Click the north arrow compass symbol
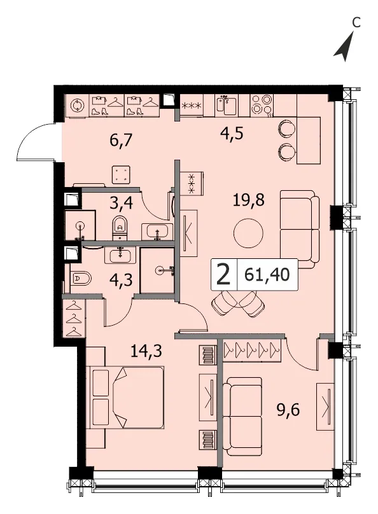click(345, 48)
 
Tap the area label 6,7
click(121, 141)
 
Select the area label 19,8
click(248, 200)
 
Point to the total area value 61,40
click(267, 275)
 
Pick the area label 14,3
click(146, 351)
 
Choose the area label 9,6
click(288, 410)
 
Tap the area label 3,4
click(122, 203)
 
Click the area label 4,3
click(122, 281)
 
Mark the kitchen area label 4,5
click(232, 134)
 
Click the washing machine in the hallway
click(78, 106)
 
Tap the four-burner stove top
click(262, 105)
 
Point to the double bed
click(127, 398)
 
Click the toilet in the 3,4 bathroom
click(120, 228)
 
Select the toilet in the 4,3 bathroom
click(80, 279)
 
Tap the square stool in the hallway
click(121, 174)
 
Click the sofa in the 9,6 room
click(242, 416)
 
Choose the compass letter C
click(356, 23)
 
